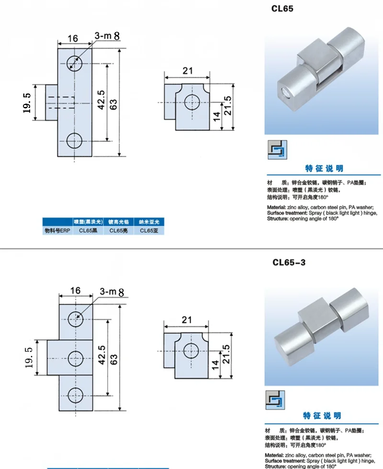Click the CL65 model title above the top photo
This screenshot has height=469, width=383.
(x=283, y=8)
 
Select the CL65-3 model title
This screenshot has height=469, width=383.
(x=289, y=262)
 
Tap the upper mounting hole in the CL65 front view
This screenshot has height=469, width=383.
(x=75, y=62)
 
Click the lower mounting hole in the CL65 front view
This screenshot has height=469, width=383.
(x=75, y=141)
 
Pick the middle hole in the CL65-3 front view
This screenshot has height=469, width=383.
(x=75, y=357)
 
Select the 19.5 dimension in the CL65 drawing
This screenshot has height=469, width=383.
(x=27, y=103)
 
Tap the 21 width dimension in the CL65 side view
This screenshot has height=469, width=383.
(x=188, y=71)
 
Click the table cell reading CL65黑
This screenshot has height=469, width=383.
(x=88, y=231)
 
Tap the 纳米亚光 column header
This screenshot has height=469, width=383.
(x=148, y=222)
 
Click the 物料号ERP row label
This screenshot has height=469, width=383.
(x=57, y=231)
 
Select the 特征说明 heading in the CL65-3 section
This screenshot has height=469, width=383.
(x=324, y=416)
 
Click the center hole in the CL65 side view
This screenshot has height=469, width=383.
(x=192, y=102)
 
